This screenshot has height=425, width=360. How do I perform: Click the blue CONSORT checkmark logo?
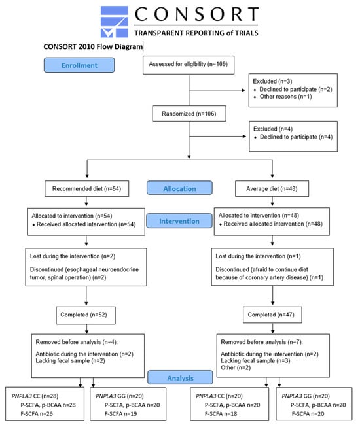click(114, 22)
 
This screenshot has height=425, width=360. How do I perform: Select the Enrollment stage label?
click(79, 65)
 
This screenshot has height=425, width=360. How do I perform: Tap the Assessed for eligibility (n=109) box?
click(189, 65)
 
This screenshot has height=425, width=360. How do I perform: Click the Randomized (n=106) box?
click(189, 113)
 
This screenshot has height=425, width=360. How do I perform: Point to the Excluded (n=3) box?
click(293, 90)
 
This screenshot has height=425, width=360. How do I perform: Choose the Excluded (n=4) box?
click(293, 136)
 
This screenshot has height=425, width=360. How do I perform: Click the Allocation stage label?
click(179, 188)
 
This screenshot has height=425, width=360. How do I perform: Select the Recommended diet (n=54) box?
click(87, 189)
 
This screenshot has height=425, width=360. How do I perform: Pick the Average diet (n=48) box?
click(272, 188)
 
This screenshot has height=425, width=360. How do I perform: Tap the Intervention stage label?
click(179, 221)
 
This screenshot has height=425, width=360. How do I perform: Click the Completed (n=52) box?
click(86, 315)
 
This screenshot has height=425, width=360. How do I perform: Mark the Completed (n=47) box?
click(272, 314)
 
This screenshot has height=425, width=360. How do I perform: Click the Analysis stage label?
click(180, 377)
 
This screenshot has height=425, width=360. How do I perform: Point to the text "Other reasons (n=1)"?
click(285, 97)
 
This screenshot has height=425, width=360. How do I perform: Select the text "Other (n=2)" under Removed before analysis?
click(236, 368)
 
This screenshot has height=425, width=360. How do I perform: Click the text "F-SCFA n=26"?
click(37, 414)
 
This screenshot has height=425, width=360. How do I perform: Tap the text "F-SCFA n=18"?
click(221, 414)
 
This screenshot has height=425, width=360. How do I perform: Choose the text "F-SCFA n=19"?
click(120, 414)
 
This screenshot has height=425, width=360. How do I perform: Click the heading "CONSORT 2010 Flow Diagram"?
click(93, 46)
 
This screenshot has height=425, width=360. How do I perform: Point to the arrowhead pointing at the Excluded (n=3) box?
click(243, 90)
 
